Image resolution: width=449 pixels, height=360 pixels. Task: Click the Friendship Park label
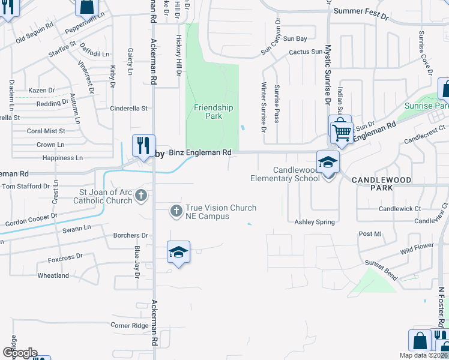(213, 112)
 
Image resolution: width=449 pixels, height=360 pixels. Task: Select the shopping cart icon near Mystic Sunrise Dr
(342, 131)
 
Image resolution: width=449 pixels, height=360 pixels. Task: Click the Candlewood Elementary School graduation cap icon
(328, 161)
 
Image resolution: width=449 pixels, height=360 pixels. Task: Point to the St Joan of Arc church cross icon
(141, 196)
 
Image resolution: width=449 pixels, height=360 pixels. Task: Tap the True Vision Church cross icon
(176, 211)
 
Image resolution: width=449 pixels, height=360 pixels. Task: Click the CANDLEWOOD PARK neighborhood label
(381, 184)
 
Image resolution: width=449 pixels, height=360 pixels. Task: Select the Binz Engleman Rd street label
(200, 153)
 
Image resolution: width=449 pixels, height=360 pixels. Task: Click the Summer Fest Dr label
(361, 11)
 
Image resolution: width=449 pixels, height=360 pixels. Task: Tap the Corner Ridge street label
(129, 325)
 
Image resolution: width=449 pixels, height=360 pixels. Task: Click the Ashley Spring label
(314, 222)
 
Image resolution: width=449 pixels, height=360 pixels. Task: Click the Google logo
(20, 352)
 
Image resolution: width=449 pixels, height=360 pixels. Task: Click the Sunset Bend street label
(381, 271)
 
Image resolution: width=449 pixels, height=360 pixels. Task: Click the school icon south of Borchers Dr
(179, 252)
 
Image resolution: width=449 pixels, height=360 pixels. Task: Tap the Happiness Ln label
(62, 158)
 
